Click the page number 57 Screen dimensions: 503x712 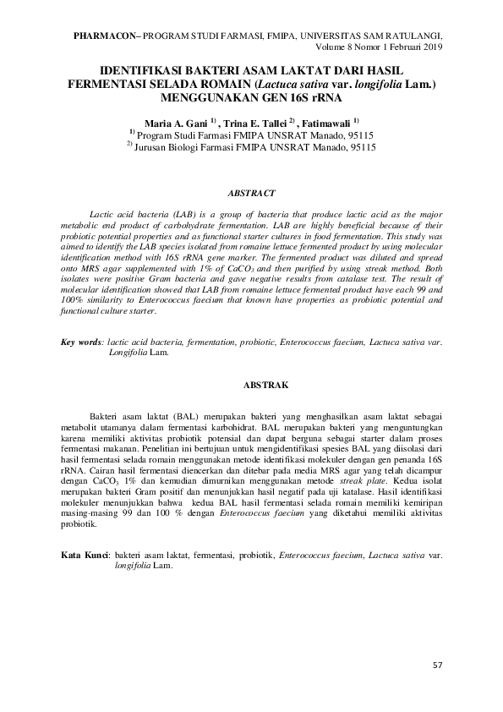click(437, 665)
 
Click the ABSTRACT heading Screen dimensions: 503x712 click(253, 192)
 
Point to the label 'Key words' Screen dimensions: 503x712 click(80, 342)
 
